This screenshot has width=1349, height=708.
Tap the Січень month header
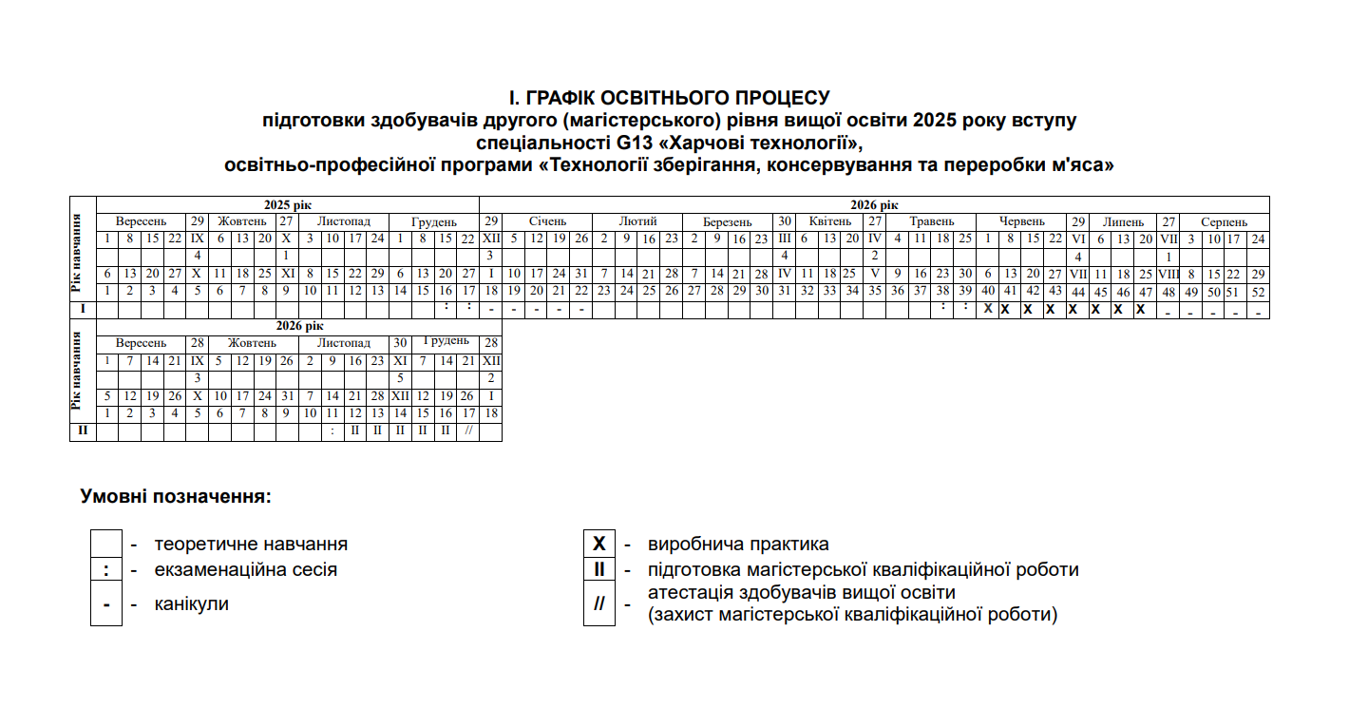(x=547, y=221)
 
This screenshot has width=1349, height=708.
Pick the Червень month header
(x=1022, y=221)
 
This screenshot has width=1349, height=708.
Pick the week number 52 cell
(x=1259, y=292)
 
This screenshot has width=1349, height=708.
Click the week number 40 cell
(x=989, y=291)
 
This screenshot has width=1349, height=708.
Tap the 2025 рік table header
(x=287, y=204)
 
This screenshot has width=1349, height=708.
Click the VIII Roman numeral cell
(x=1168, y=274)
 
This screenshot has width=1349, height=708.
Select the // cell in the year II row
(x=467, y=431)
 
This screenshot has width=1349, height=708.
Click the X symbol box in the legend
(x=599, y=545)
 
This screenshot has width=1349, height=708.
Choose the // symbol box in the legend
(x=599, y=605)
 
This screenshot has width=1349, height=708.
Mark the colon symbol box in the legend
(x=106, y=570)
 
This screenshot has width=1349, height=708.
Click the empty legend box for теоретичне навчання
(x=106, y=545)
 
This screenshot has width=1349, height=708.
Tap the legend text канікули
(x=191, y=604)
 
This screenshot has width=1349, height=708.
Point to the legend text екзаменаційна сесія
(x=245, y=570)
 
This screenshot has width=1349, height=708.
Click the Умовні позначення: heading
(x=176, y=496)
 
